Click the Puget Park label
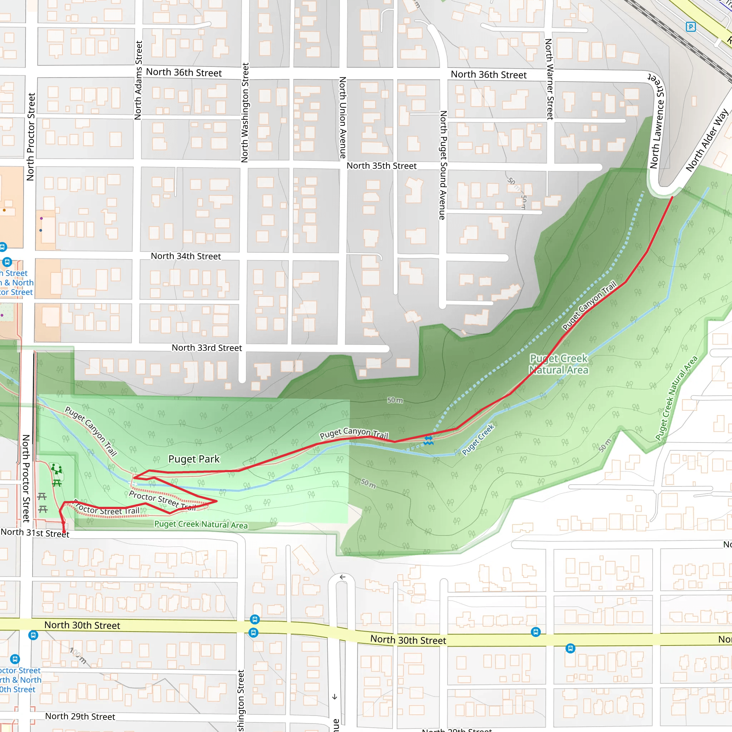(194, 459)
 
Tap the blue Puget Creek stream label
(478, 440)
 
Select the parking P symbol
(691, 27)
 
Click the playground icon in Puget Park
(56, 469)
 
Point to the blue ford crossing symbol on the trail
(428, 440)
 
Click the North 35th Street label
(381, 166)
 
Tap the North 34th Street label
(186, 256)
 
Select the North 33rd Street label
(207, 348)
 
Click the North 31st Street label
(35, 533)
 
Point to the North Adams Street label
(139, 80)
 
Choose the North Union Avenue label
(342, 118)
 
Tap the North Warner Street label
(549, 79)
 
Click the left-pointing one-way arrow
(342, 577)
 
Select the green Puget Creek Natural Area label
(559, 364)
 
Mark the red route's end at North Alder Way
(673, 197)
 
